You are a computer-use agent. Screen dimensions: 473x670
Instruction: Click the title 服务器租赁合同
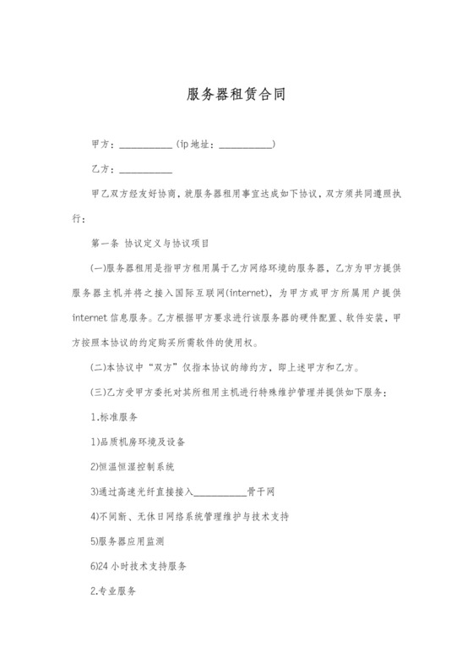click(236, 94)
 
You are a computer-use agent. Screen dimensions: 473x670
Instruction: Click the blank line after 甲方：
click(147, 146)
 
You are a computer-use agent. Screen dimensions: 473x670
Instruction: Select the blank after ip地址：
click(246, 146)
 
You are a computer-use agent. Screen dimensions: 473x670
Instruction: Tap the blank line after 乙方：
click(147, 171)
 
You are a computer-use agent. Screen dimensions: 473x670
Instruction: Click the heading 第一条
click(102, 244)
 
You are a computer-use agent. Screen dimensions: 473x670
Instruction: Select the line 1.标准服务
click(114, 417)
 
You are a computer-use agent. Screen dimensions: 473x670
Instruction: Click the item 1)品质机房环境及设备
click(138, 442)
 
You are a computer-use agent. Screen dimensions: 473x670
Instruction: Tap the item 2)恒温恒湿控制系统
click(138, 466)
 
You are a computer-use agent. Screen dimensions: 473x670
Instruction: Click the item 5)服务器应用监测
click(132, 540)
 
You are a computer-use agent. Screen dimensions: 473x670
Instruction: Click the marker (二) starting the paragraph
click(98, 368)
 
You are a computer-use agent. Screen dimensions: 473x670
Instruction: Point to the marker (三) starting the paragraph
click(98, 393)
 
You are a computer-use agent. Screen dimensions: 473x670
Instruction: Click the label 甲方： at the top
click(103, 146)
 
